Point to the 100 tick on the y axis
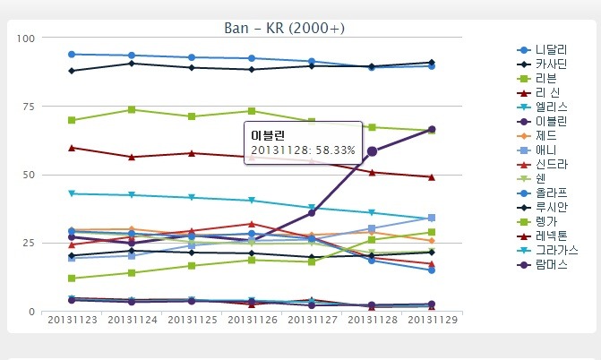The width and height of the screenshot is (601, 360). (x=24, y=38)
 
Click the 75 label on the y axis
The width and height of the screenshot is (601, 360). (x=27, y=107)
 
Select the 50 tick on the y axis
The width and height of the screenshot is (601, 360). (x=27, y=175)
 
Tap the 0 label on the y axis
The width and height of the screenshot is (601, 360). (x=30, y=312)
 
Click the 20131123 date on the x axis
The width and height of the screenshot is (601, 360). (x=72, y=321)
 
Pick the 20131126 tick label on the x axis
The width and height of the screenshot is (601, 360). (x=252, y=321)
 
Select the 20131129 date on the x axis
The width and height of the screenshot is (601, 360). (x=432, y=321)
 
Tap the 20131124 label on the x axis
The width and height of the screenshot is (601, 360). (x=132, y=321)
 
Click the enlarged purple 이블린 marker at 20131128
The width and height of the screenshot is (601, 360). (x=372, y=151)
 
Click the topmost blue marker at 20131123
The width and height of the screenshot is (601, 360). (x=72, y=55)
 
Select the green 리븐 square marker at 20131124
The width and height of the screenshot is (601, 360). (x=132, y=110)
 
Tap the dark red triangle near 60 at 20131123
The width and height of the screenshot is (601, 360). (x=72, y=148)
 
